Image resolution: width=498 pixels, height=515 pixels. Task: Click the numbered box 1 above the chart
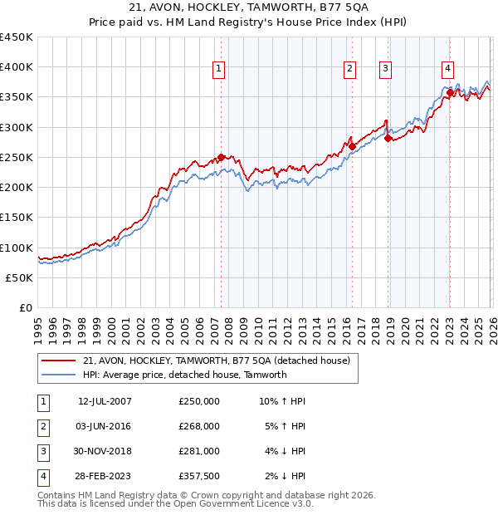218,69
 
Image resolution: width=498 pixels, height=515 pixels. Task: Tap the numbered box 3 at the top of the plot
386,69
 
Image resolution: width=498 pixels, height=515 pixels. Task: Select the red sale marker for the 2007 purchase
221,157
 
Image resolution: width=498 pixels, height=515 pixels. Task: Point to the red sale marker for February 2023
449,93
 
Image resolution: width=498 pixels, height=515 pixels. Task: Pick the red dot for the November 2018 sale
388,139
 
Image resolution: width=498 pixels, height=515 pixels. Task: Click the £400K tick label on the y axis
16,67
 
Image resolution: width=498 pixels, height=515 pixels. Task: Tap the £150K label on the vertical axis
16,218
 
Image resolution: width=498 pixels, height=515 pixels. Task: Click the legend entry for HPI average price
184,375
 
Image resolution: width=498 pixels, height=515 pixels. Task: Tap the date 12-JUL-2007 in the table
104,401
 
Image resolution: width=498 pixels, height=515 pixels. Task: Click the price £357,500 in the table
199,476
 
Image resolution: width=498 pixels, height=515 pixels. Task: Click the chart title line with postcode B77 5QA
249,7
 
